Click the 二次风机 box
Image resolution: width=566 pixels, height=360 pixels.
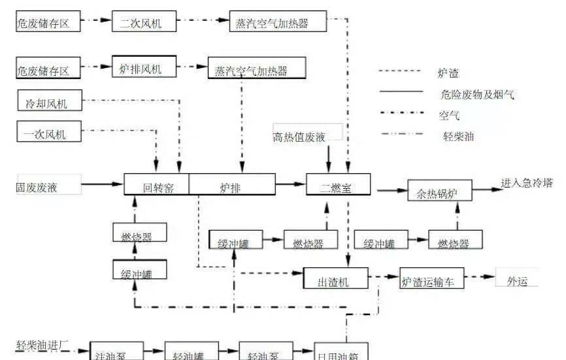click(140, 23)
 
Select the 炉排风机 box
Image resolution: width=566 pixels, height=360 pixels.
click(141, 68)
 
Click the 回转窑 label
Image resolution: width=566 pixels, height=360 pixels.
click(158, 188)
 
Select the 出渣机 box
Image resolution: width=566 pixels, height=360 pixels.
click(334, 281)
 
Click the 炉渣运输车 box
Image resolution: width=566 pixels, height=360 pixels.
click(432, 281)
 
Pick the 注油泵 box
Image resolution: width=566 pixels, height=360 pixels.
click(115, 353)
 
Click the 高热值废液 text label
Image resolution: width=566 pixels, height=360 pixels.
click(307, 137)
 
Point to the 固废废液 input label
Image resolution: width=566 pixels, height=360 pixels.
click(37, 188)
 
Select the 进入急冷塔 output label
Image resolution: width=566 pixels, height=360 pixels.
click(527, 183)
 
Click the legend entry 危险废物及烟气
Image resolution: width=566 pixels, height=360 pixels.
click(478, 95)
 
